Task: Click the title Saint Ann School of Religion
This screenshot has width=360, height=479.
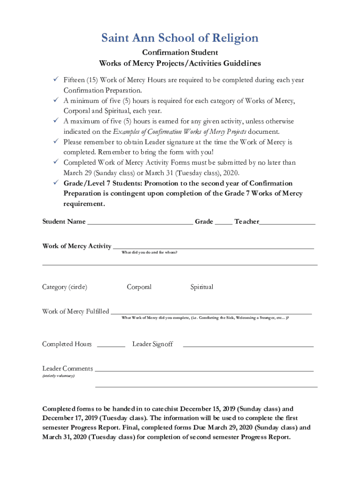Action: point(180,38)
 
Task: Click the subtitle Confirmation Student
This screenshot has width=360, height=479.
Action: point(180,52)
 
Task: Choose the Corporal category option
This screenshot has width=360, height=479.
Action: point(139,287)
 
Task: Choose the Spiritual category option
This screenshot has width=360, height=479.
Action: point(202,287)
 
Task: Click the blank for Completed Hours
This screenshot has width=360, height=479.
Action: point(111,345)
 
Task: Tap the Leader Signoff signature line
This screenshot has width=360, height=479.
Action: point(248,345)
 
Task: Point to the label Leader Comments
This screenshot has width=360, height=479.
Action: point(67,369)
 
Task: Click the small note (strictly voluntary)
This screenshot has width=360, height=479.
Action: point(58,376)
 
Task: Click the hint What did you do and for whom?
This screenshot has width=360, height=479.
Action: point(149,253)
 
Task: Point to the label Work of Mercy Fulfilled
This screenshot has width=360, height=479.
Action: point(75,312)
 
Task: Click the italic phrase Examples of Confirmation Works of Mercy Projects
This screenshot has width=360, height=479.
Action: point(180,131)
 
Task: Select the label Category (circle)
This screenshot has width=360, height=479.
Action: point(65,287)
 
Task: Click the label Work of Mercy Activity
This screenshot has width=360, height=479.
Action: point(77,246)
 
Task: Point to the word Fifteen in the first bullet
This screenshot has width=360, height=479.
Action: point(74,80)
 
